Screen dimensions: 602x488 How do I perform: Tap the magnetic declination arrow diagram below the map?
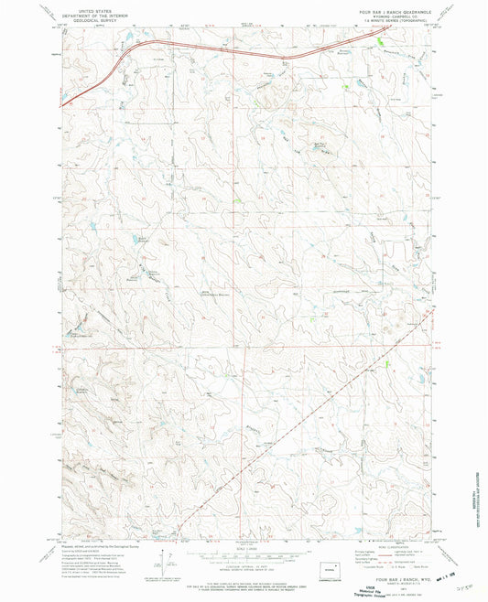163,560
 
